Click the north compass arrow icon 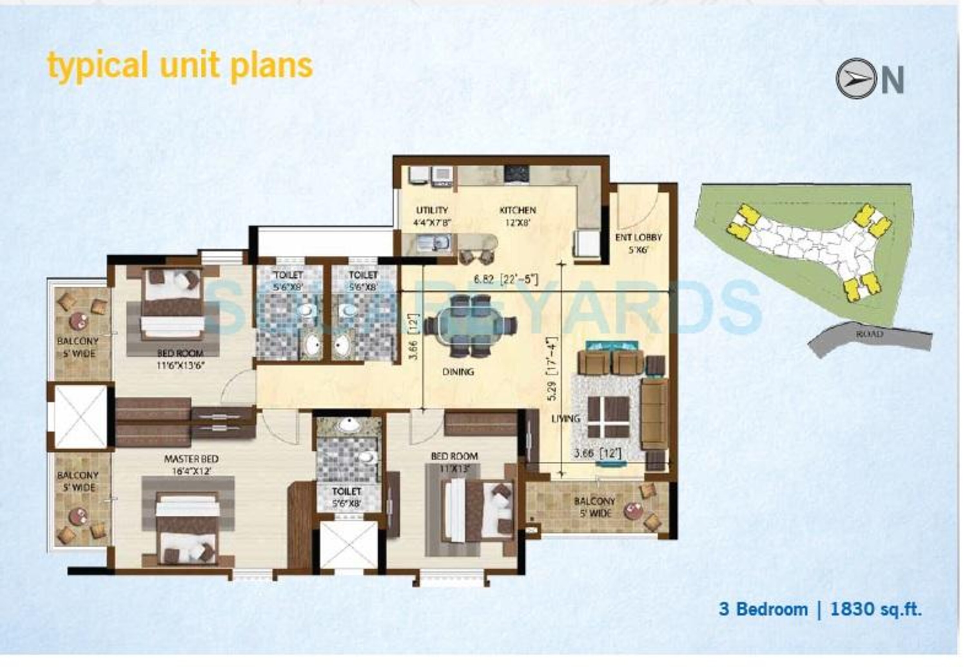856,78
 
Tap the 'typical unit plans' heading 180,66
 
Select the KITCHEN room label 517,210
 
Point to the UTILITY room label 432,210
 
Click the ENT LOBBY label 638,237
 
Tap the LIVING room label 565,418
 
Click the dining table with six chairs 470,326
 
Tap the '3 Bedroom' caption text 763,609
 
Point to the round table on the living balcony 633,510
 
